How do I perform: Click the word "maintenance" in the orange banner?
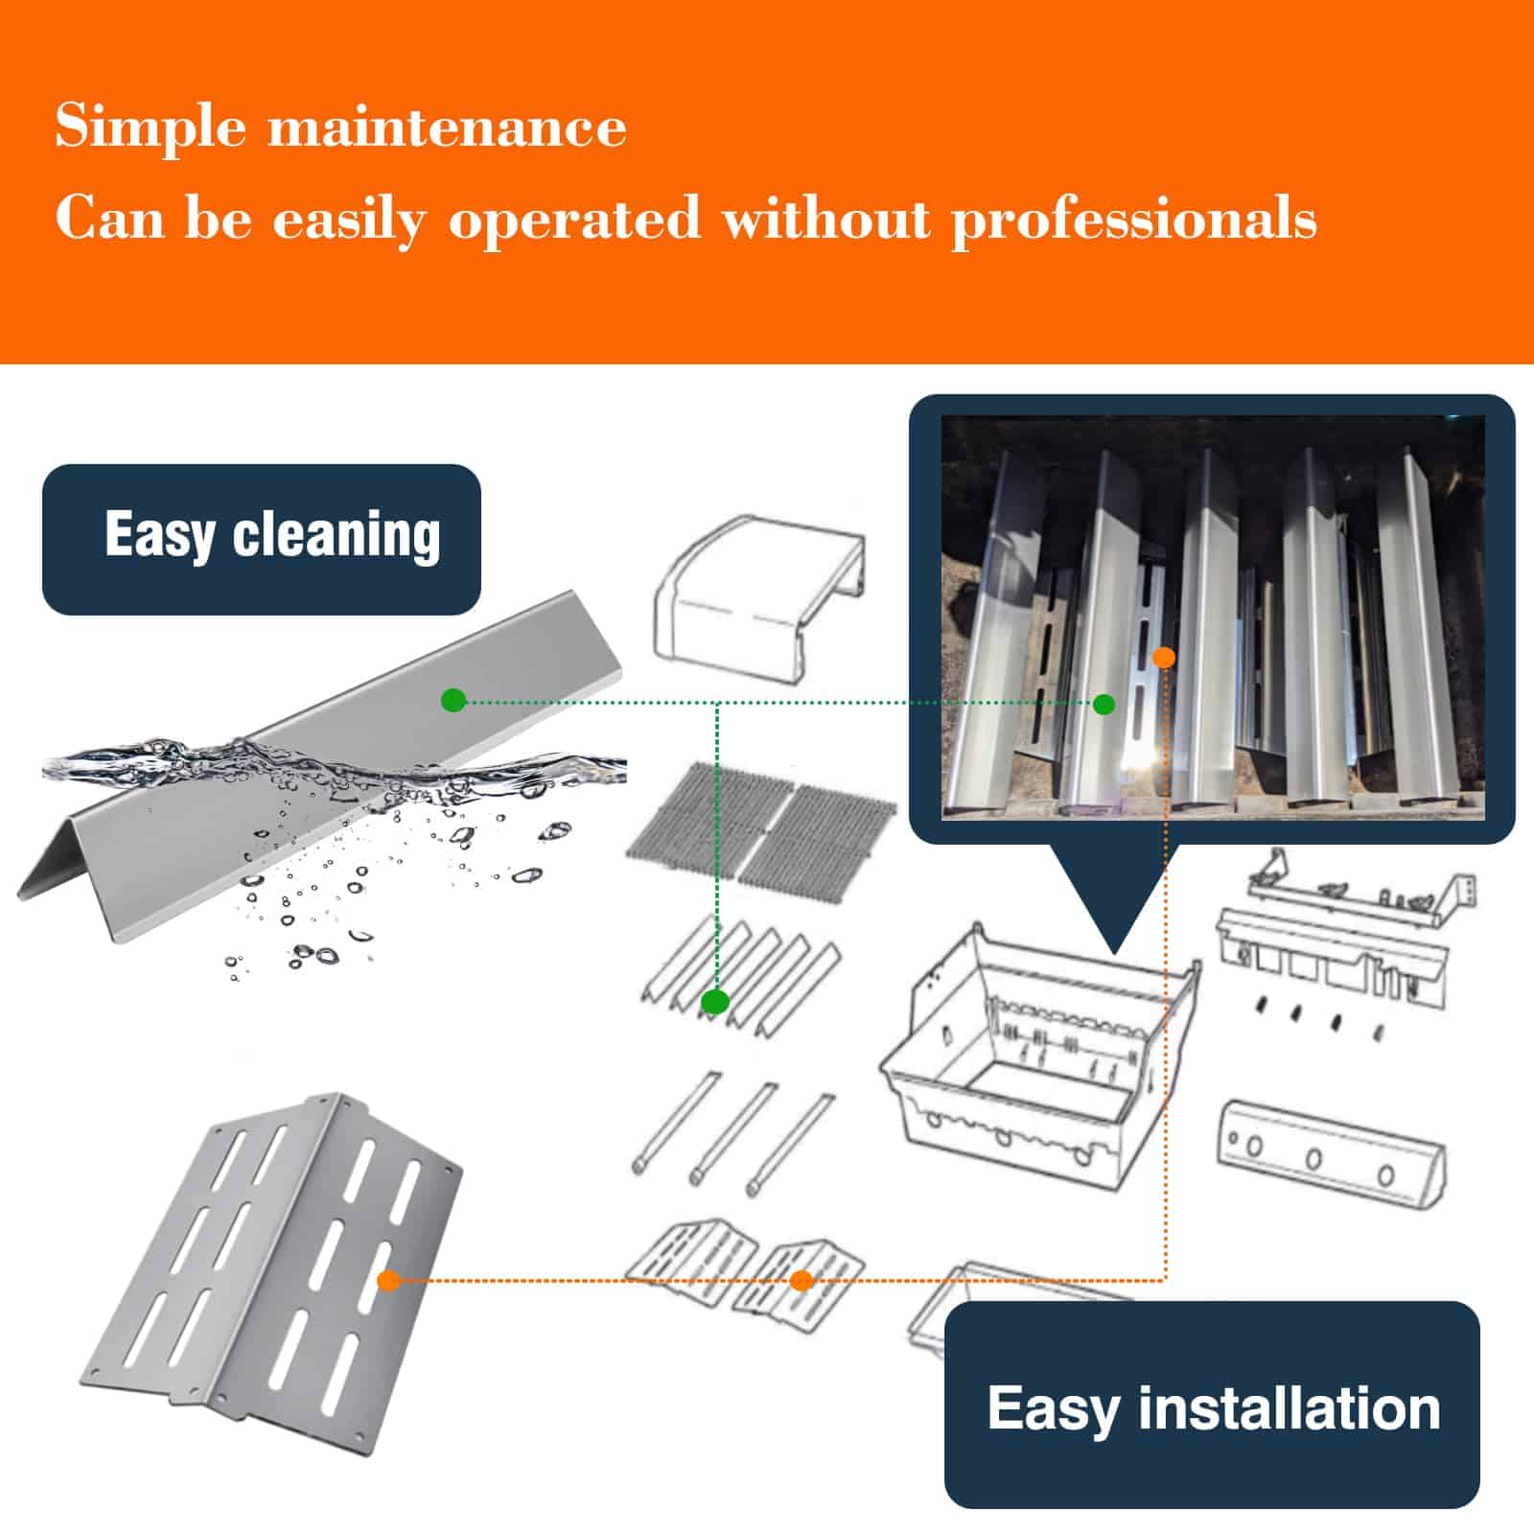click(448, 125)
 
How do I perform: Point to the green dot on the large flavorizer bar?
click(453, 701)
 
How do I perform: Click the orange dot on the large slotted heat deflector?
click(388, 1280)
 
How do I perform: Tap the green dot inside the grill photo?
click(1104, 705)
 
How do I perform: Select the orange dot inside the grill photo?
click(1164, 658)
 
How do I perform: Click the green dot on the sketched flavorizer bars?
click(715, 1003)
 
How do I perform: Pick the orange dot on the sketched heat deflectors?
click(802, 1280)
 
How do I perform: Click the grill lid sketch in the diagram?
click(759, 599)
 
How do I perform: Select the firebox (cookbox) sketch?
click(1040, 1055)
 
